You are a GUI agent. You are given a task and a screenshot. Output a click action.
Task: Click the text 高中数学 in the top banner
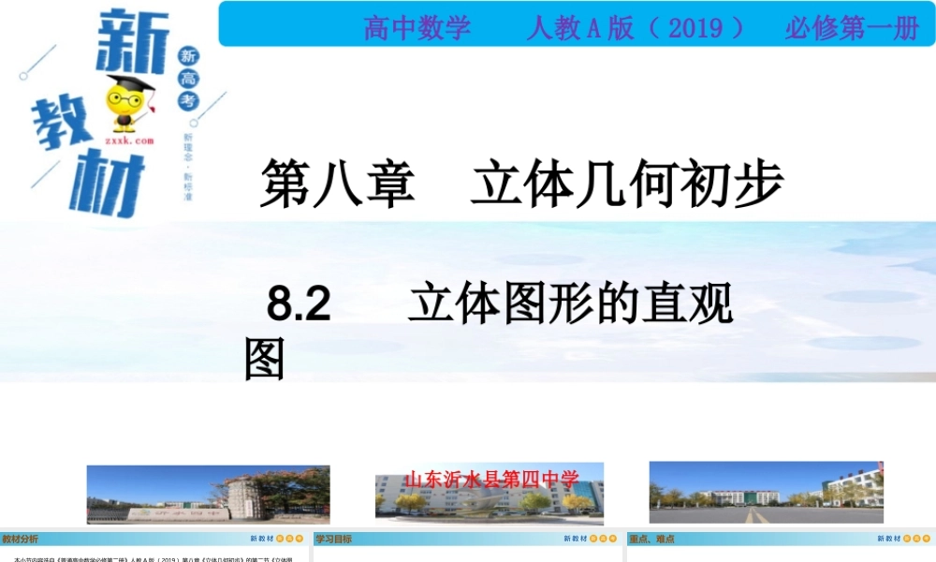click(417, 28)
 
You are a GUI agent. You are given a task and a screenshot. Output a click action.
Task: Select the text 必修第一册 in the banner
click(852, 28)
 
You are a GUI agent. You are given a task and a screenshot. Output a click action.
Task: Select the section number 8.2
click(300, 304)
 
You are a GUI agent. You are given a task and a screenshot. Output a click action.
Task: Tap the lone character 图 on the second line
click(264, 359)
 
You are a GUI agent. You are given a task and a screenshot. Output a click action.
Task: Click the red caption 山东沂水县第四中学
click(491, 480)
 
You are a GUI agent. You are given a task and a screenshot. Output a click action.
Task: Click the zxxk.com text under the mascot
click(129, 140)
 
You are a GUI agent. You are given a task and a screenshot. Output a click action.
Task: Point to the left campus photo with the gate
click(208, 494)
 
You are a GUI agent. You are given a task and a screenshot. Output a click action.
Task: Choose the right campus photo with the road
click(766, 492)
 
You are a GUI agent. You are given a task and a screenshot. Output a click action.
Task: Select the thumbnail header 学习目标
click(333, 540)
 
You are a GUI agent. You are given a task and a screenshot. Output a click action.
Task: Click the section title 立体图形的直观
click(571, 304)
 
